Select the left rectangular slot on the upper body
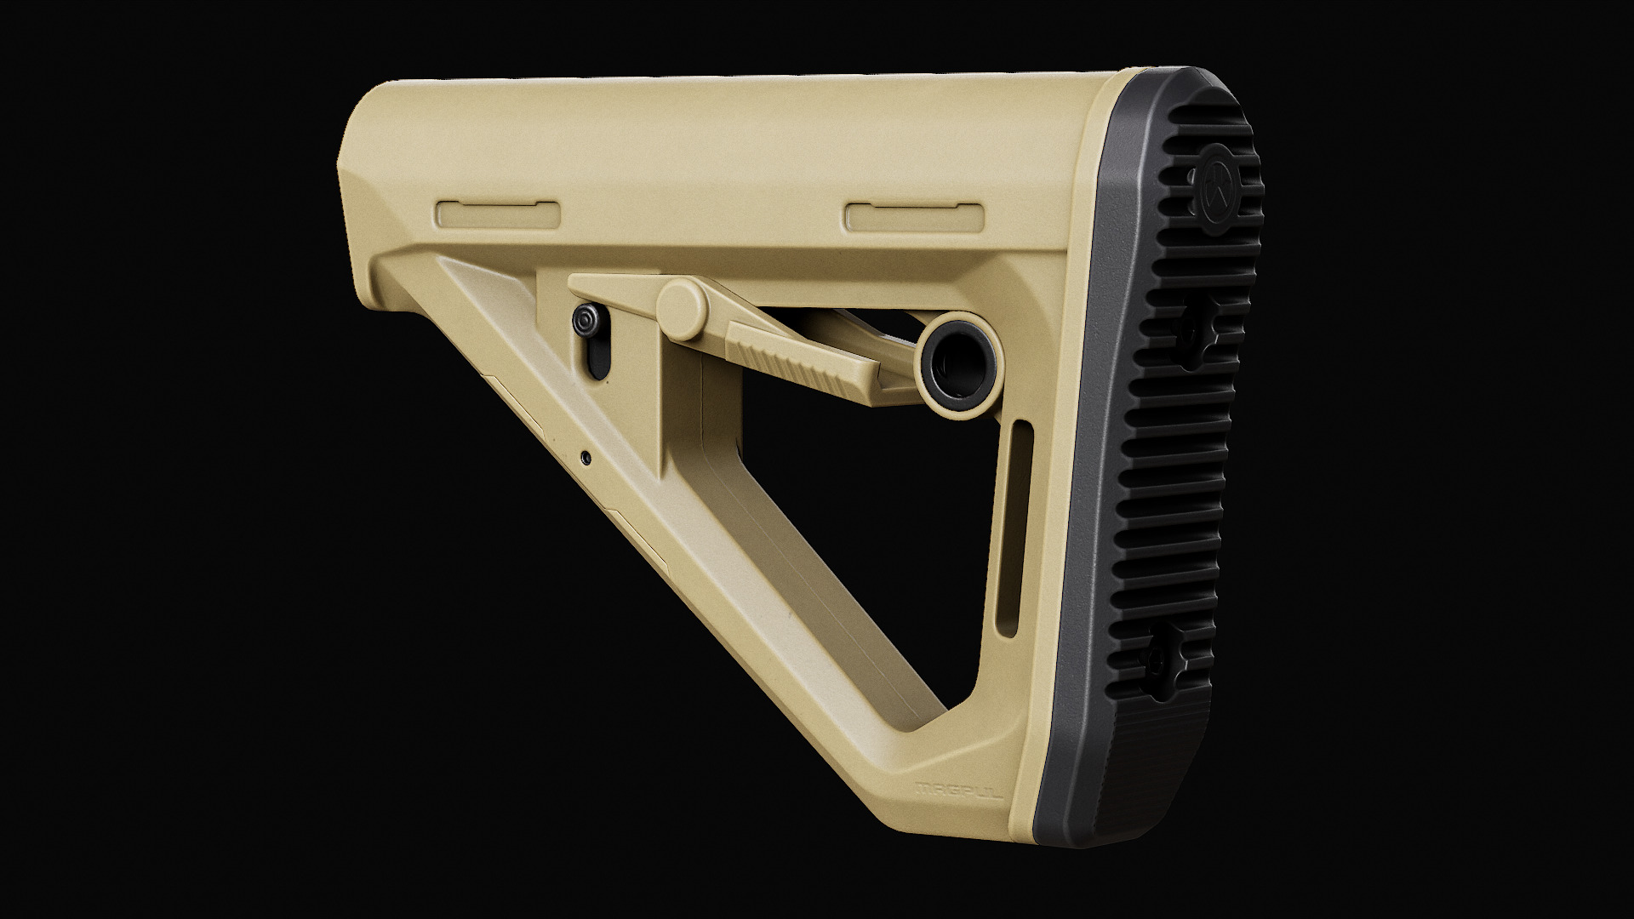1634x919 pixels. (x=498, y=214)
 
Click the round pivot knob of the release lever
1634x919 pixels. (x=682, y=308)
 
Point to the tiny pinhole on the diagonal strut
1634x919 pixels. (x=586, y=457)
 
